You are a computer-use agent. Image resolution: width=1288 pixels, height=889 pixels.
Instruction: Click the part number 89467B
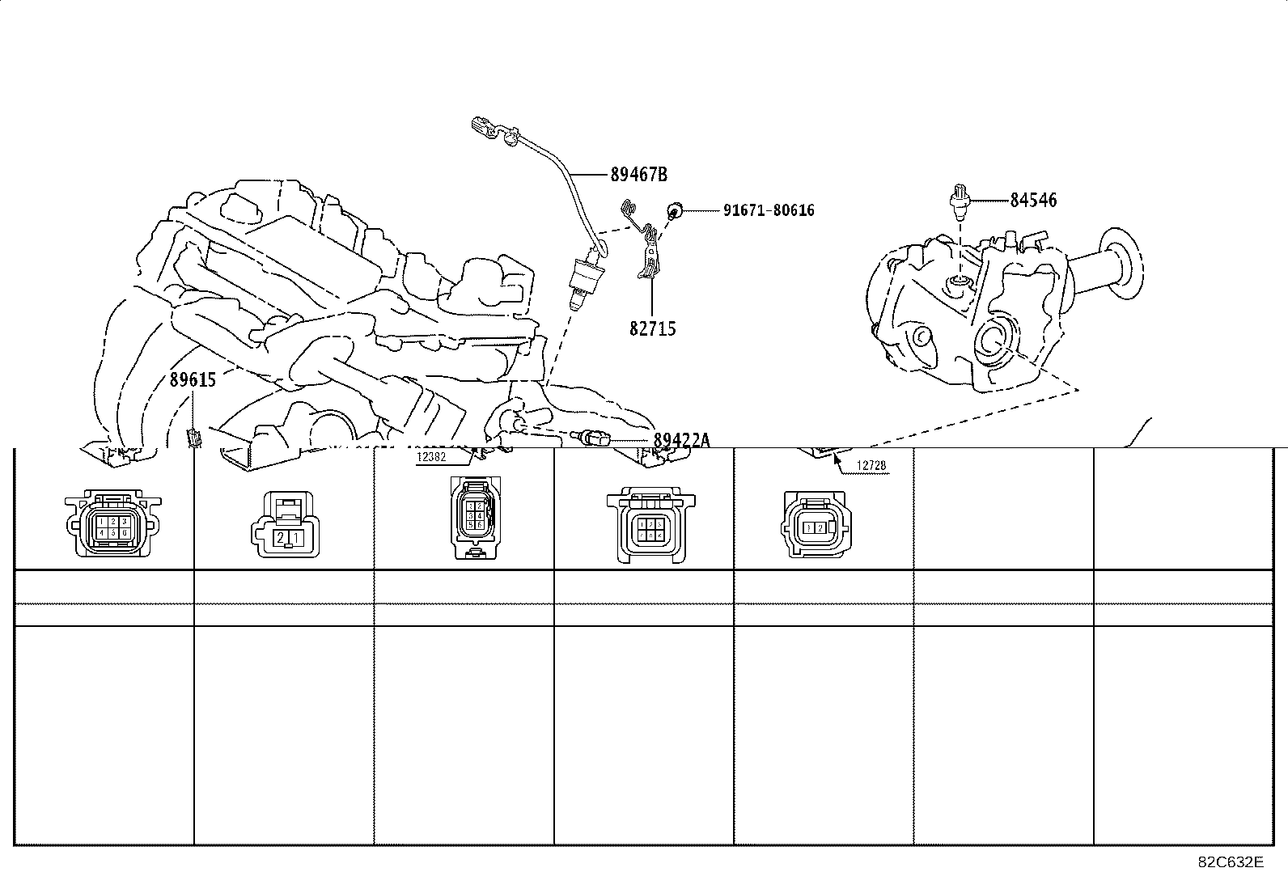pyautogui.click(x=638, y=174)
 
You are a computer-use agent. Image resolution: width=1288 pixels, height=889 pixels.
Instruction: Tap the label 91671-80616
pyautogui.click(x=768, y=210)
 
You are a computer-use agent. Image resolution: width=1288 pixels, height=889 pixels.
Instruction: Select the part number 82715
pyautogui.click(x=652, y=328)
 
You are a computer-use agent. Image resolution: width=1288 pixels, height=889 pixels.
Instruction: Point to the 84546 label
pyautogui.click(x=1033, y=200)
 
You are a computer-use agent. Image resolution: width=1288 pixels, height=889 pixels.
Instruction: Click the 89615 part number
pyautogui.click(x=193, y=379)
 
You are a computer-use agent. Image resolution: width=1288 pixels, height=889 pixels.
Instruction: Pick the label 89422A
pyautogui.click(x=681, y=440)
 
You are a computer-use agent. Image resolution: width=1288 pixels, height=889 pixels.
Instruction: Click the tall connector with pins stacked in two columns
pyautogui.click(x=472, y=516)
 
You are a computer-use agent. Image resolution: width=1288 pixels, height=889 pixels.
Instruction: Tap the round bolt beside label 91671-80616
pyautogui.click(x=672, y=211)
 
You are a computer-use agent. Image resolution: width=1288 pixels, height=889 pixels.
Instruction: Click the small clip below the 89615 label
pyautogui.click(x=193, y=438)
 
